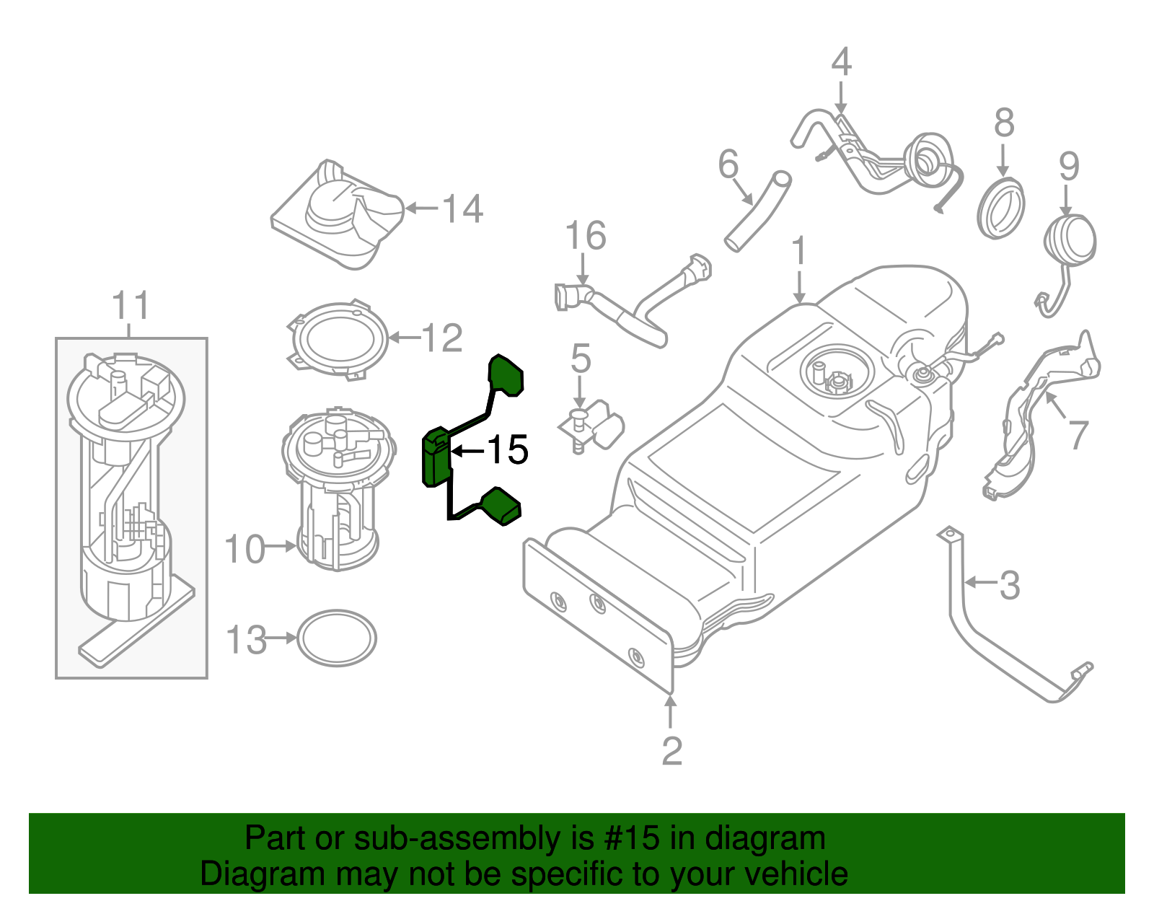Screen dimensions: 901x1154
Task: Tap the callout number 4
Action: tap(841, 63)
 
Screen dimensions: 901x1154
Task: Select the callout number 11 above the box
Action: tap(131, 306)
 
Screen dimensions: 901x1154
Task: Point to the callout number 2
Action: tap(671, 752)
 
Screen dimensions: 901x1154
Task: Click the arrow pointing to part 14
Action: tap(421, 208)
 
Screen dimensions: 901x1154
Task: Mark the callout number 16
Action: tap(585, 236)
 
